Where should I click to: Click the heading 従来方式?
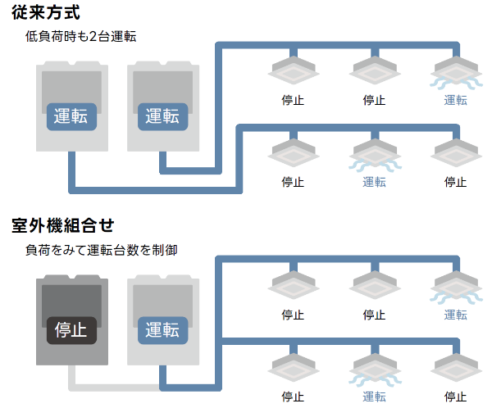pyautogui.click(x=46, y=13)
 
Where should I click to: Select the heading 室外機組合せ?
pyautogui.click(x=61, y=224)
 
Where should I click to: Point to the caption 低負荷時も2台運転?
pyautogui.click(x=80, y=37)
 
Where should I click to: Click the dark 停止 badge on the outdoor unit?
pyautogui.click(x=71, y=329)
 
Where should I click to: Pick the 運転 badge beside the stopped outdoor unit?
pyautogui.click(x=162, y=329)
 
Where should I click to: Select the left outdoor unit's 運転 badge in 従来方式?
pyautogui.click(x=71, y=116)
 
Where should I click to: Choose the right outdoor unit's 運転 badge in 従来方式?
pyautogui.click(x=162, y=116)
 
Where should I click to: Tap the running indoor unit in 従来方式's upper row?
pyautogui.click(x=456, y=72)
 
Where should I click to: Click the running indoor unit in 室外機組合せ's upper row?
pyautogui.click(x=456, y=287)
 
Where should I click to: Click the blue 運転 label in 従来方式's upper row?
pyautogui.click(x=456, y=100)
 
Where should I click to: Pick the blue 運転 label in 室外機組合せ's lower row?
pyautogui.click(x=374, y=397)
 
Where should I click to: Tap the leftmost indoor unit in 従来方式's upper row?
pyautogui.click(x=293, y=71)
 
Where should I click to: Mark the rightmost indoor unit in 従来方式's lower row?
pyautogui.click(x=456, y=152)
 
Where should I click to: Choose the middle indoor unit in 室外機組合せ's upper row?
pyautogui.click(x=374, y=286)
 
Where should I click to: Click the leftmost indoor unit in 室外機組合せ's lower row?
pyautogui.click(x=293, y=368)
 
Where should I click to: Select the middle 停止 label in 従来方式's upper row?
pyautogui.click(x=374, y=100)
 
